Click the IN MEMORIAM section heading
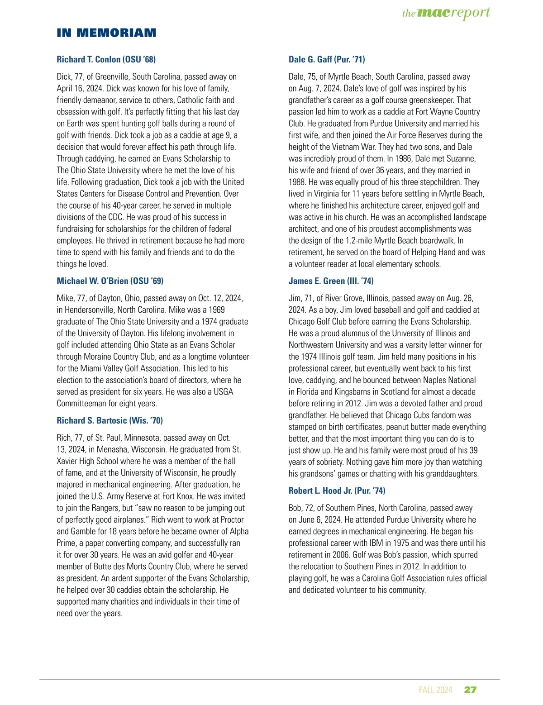(x=106, y=33)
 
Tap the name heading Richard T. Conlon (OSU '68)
(x=106, y=59)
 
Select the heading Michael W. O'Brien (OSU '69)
(x=110, y=281)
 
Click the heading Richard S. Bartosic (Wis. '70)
(x=110, y=420)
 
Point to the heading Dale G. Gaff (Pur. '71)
(x=327, y=59)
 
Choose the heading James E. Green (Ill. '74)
(x=331, y=281)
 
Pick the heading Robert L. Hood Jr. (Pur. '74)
(x=337, y=491)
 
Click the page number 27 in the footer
(x=470, y=690)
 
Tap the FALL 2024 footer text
(x=435, y=690)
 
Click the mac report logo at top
(x=446, y=13)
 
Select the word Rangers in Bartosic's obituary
(x=103, y=508)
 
